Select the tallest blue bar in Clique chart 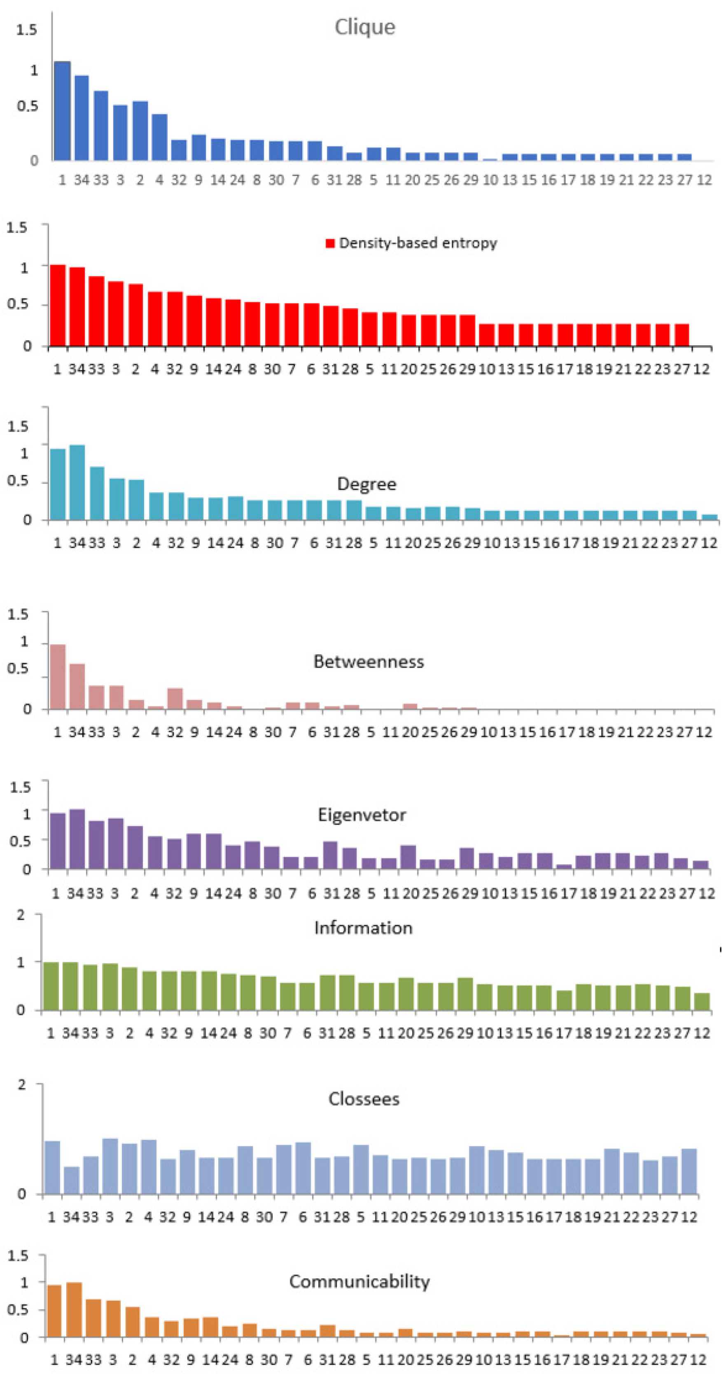[x=62, y=111]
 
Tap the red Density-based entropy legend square [x=330, y=243]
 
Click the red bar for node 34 [x=77, y=306]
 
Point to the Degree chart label [x=366, y=484]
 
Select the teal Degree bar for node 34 [x=77, y=482]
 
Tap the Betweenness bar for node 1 [x=58, y=677]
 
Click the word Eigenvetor [x=362, y=815]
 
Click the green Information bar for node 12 [x=702, y=1001]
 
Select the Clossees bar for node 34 [x=72, y=1180]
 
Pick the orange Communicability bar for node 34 [x=74, y=1309]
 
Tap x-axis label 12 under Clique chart [x=704, y=180]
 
